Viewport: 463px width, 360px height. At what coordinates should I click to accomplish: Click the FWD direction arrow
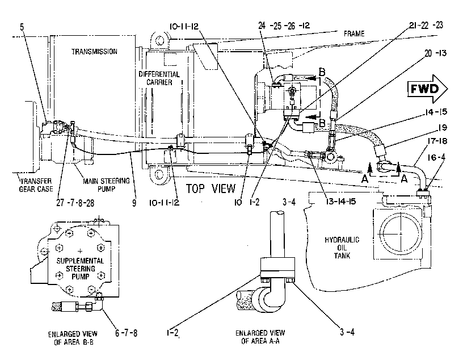[x=428, y=89]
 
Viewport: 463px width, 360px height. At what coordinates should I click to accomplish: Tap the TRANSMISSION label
[x=94, y=52]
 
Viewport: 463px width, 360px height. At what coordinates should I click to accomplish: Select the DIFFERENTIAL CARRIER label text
[x=159, y=78]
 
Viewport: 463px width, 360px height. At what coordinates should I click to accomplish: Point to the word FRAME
[x=354, y=34]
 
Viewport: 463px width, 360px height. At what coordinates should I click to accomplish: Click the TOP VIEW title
[x=211, y=189]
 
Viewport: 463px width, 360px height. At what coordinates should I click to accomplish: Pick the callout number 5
[x=22, y=27]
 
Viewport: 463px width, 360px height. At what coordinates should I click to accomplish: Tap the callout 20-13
[x=436, y=53]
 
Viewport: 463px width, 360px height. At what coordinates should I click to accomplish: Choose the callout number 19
[x=443, y=128]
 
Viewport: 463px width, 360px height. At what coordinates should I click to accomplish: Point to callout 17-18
[x=437, y=141]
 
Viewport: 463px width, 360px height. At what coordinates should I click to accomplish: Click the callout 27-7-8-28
[x=75, y=203]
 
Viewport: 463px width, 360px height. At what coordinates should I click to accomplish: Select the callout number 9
[x=134, y=203]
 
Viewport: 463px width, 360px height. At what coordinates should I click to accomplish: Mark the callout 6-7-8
[x=126, y=333]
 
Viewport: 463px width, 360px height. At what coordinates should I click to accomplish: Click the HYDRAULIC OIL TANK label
[x=342, y=248]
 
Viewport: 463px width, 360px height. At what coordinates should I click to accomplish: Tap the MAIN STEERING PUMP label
[x=106, y=185]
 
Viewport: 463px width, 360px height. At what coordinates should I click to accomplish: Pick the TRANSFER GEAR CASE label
[x=36, y=185]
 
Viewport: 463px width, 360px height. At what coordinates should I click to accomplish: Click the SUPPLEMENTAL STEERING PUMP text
[x=80, y=269]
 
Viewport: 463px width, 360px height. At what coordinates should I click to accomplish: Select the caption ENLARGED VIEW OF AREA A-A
[x=260, y=337]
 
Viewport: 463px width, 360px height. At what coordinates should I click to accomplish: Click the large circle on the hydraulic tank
[x=401, y=233]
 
